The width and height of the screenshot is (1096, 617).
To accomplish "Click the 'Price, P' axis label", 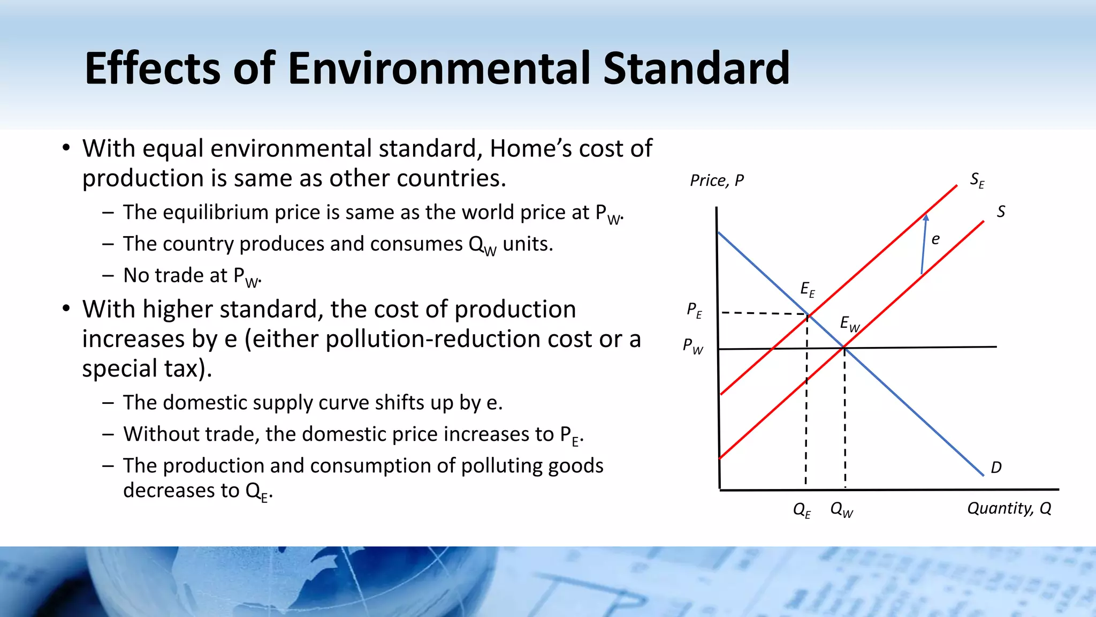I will (x=717, y=180).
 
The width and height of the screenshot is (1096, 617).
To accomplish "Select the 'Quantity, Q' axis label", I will (x=1009, y=508).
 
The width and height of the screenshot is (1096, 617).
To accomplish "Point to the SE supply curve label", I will (x=977, y=180).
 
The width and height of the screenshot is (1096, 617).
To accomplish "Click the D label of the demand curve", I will (x=996, y=468).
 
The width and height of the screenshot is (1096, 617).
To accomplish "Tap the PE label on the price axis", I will (x=695, y=310).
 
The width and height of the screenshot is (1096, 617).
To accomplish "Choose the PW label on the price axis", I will (x=693, y=346).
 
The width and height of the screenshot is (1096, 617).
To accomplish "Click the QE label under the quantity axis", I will (x=802, y=509).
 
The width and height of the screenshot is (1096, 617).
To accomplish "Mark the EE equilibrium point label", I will (x=808, y=289).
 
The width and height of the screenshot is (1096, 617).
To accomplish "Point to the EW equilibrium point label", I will (x=850, y=323).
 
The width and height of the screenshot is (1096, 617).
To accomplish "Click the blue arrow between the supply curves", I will (x=924, y=244).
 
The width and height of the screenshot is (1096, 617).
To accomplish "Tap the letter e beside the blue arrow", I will (x=935, y=239).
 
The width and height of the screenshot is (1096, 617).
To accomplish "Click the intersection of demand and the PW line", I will (x=844, y=348).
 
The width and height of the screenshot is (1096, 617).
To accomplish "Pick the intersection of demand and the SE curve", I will (x=808, y=315).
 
